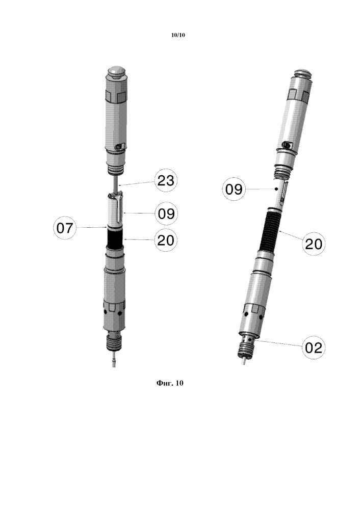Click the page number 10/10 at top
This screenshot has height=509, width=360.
pyautogui.click(x=178, y=35)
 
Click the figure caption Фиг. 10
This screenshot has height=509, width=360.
pyautogui.click(x=170, y=383)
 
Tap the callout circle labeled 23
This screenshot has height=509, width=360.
pyautogui.click(x=165, y=181)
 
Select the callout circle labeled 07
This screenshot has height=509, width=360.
pyautogui.click(x=64, y=228)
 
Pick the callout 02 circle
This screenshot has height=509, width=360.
pyautogui.click(x=314, y=347)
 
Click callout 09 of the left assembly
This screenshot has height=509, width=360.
pyautogui.click(x=166, y=213)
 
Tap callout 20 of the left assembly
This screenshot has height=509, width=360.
pyautogui.click(x=166, y=240)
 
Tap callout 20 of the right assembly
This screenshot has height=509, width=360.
pyautogui.click(x=314, y=244)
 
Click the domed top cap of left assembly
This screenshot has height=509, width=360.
pyautogui.click(x=117, y=72)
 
